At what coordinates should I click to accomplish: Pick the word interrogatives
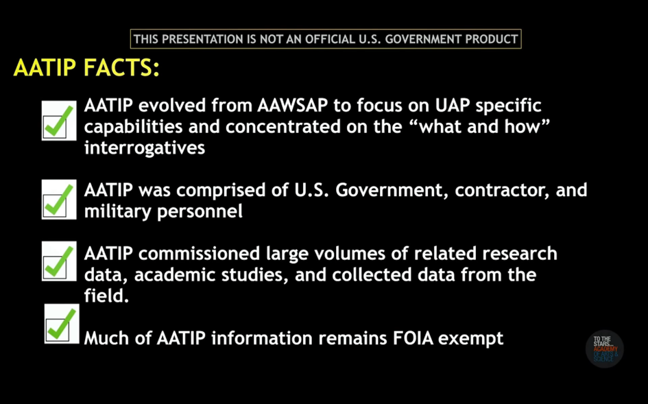pos(145,147)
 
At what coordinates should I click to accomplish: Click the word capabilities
pos(134,127)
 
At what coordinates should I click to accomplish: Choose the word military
pos(118,211)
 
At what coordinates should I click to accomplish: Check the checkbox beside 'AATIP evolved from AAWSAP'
pos(59,121)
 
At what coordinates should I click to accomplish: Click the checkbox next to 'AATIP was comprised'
pos(59,200)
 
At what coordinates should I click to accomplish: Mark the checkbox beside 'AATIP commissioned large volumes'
pos(59,261)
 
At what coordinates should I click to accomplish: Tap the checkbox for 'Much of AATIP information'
pos(62,324)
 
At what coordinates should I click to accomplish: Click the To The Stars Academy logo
pos(605,349)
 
